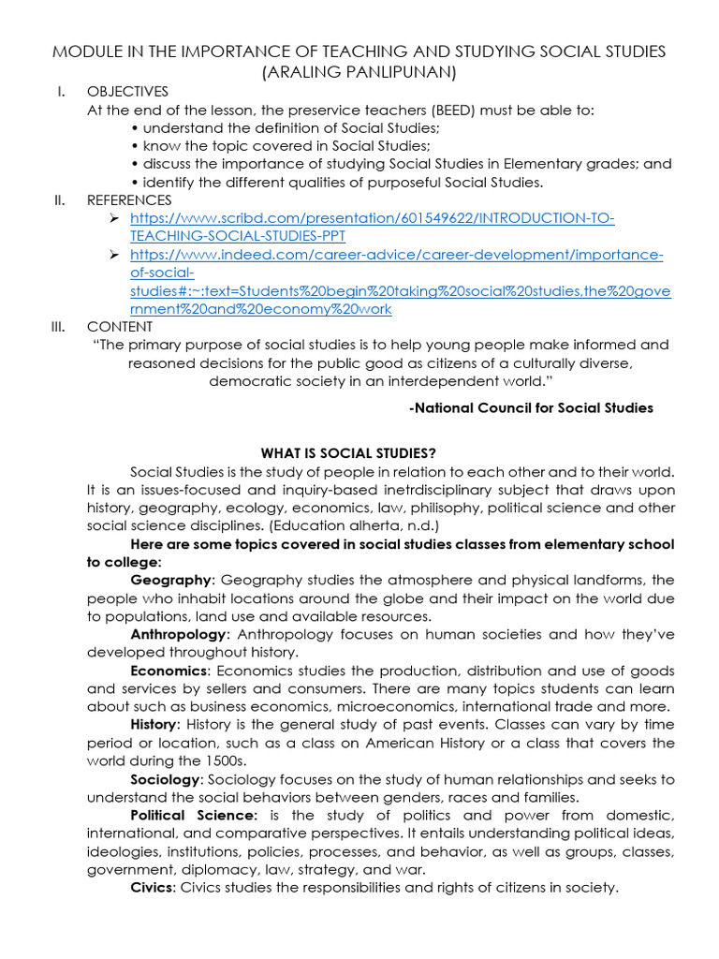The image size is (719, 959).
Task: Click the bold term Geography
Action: tap(172, 581)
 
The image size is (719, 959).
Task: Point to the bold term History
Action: tap(154, 724)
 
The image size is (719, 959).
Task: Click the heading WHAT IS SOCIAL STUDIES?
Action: tap(348, 453)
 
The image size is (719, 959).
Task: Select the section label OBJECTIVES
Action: tap(127, 92)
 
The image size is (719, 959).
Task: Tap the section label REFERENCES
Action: tap(129, 199)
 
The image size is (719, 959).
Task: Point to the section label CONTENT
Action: tap(120, 326)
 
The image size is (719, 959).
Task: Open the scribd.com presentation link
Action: tap(372, 227)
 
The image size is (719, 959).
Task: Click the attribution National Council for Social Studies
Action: tap(532, 407)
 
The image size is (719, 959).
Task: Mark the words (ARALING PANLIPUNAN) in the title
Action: tap(360, 70)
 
